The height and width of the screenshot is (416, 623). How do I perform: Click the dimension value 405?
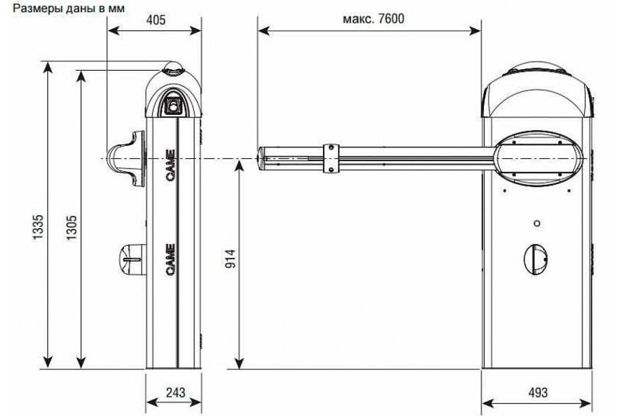coord(156,20)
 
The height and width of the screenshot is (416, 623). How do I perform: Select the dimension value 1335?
coord(38,227)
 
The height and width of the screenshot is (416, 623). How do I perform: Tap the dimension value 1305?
coord(72,227)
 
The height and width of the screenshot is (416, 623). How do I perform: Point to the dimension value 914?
coord(231,259)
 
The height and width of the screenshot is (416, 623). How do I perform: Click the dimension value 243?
coord(175,393)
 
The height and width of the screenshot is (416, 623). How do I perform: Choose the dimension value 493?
coord(538,393)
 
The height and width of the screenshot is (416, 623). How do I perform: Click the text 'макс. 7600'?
coord(373,19)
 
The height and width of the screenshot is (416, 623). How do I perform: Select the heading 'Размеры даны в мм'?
coord(69,9)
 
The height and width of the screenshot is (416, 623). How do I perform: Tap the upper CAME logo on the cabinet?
coord(170,165)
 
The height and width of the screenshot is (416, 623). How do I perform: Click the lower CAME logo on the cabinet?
coord(170,259)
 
